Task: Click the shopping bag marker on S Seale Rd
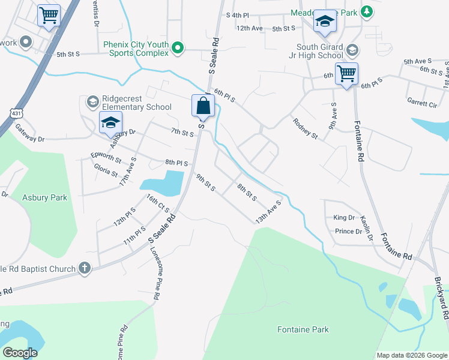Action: (x=203, y=106)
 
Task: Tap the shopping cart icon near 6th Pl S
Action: (x=346, y=74)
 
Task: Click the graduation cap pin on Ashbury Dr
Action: (x=110, y=122)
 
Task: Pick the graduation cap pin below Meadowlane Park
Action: (x=325, y=22)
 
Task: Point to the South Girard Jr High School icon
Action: (x=352, y=50)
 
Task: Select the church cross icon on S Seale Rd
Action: (x=85, y=269)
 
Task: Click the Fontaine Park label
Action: (x=303, y=329)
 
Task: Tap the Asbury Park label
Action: (x=45, y=197)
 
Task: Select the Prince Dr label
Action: (x=348, y=231)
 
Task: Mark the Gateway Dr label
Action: (x=30, y=134)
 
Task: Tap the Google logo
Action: (x=20, y=353)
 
